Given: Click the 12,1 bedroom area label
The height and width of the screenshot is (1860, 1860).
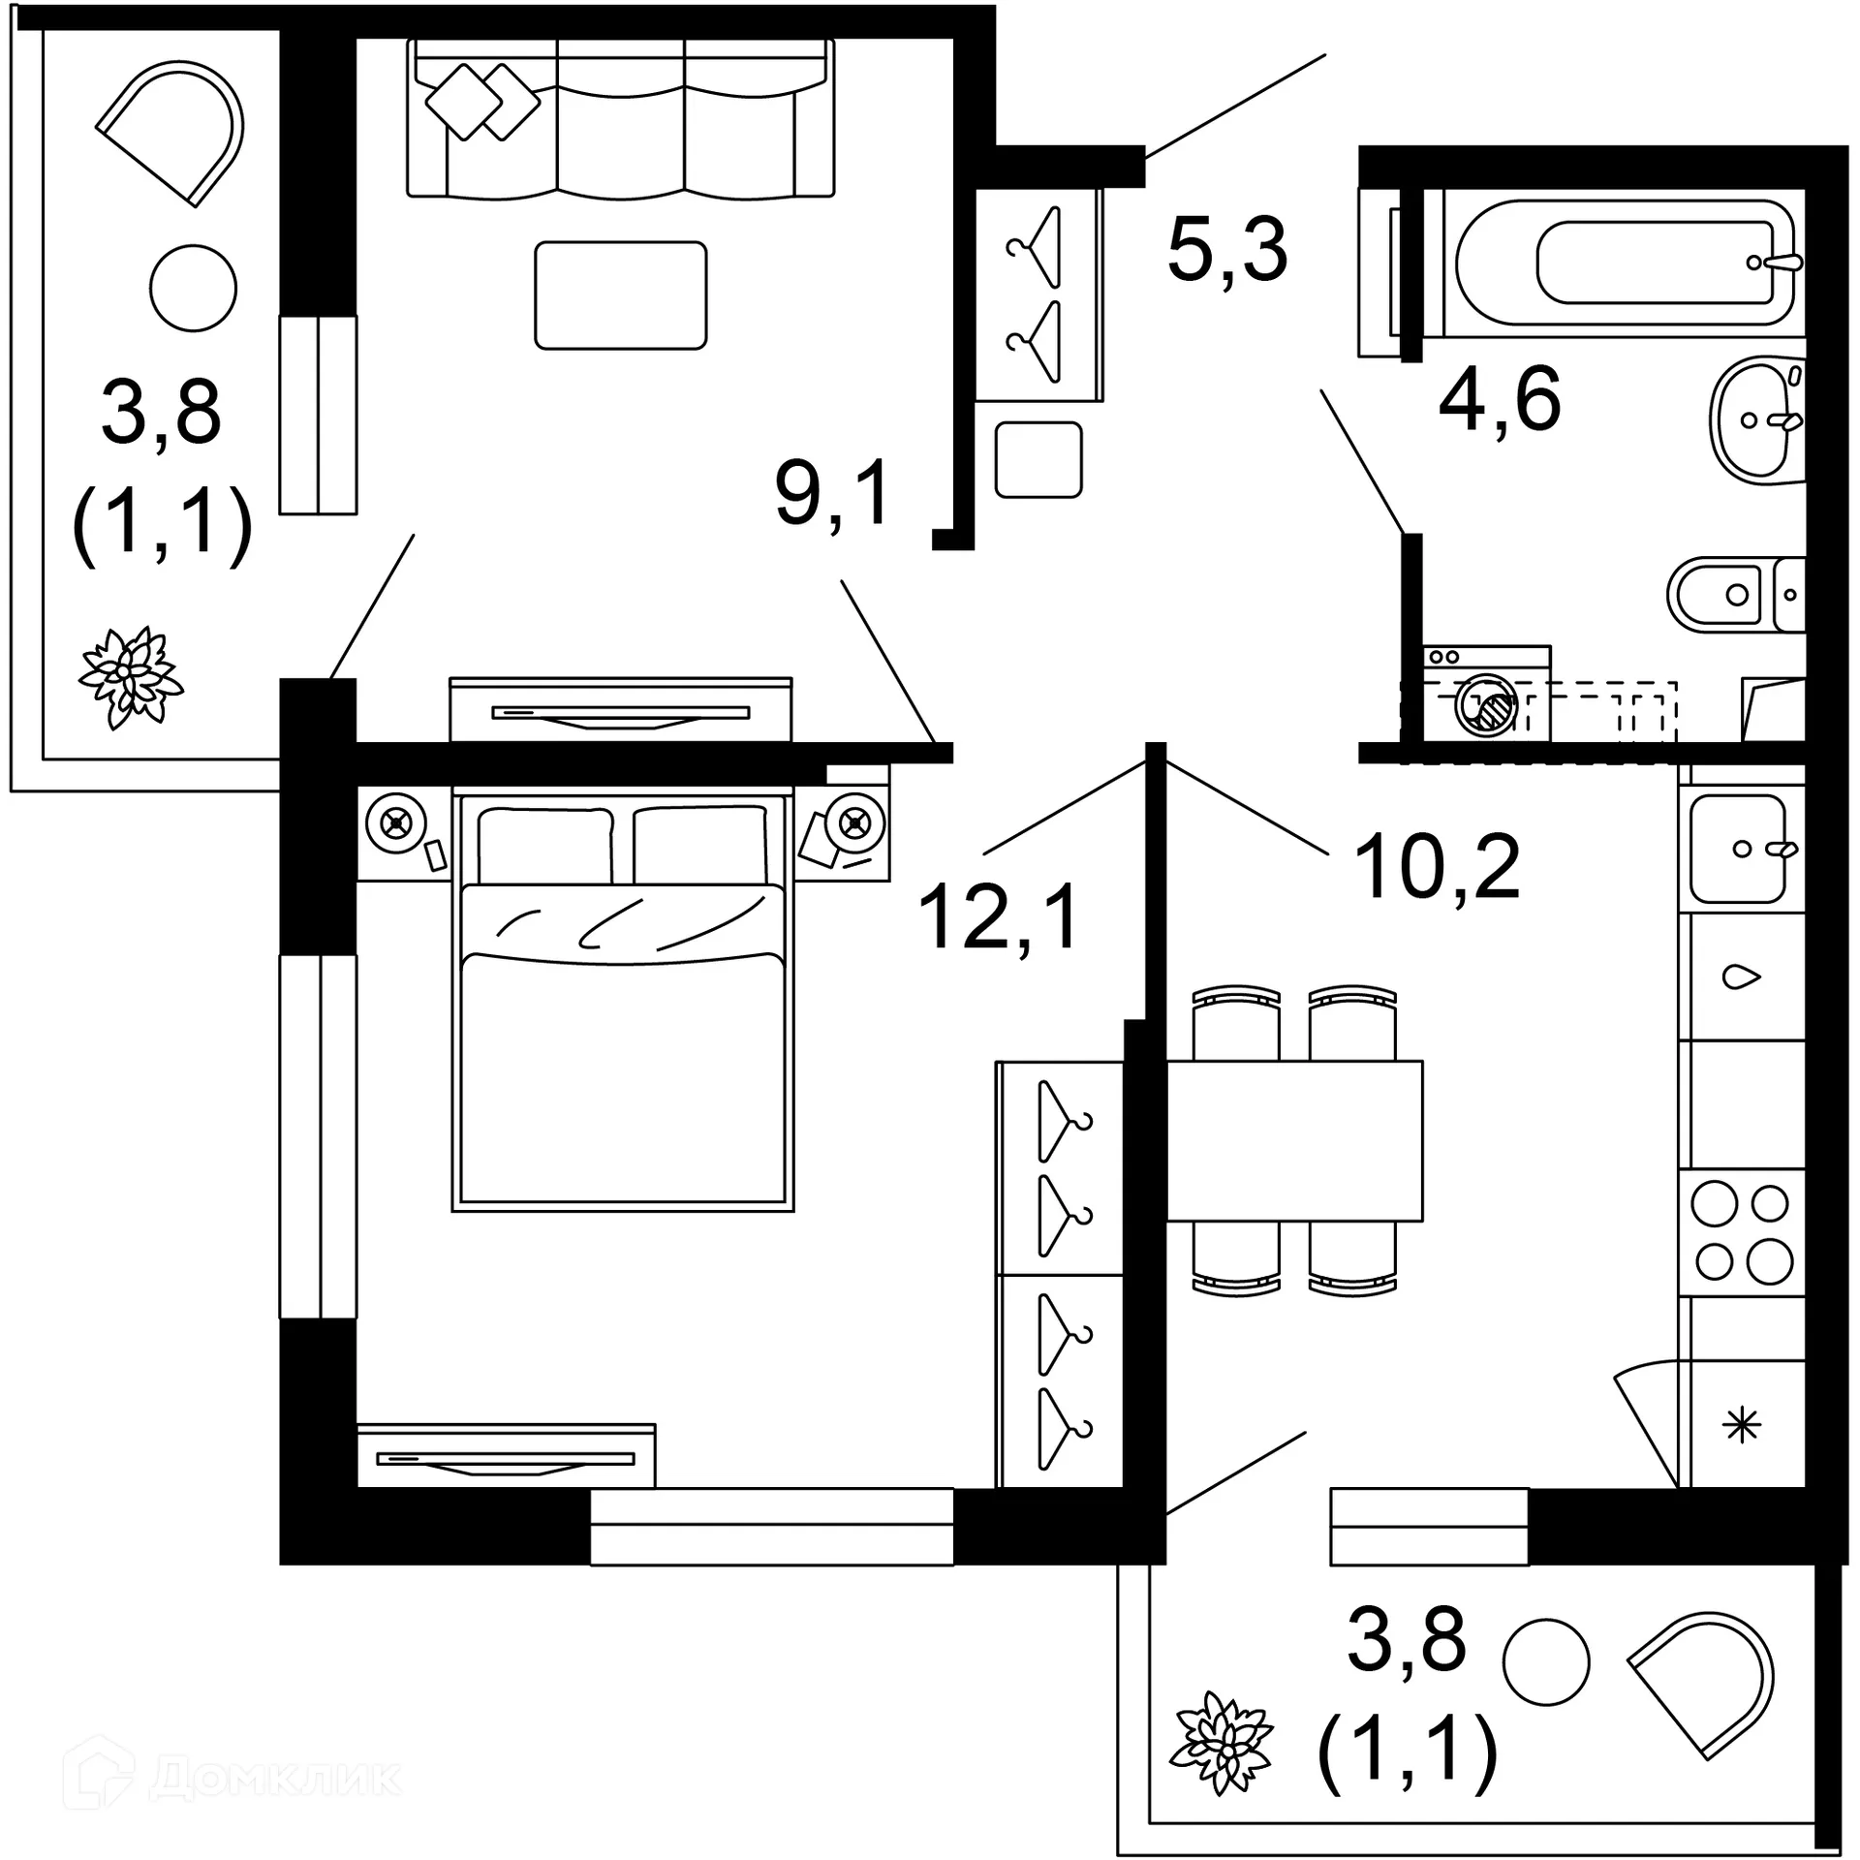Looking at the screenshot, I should [x=998, y=916].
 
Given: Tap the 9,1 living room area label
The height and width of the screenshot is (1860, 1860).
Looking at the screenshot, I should [x=832, y=493].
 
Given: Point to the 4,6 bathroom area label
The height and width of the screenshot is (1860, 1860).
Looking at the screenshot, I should [x=1499, y=399].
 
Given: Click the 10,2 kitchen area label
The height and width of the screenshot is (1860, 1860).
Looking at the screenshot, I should [x=1437, y=866].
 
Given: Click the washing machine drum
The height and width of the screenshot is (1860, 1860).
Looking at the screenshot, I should [x=1486, y=707].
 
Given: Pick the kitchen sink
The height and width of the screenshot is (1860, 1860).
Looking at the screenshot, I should [x=1739, y=848].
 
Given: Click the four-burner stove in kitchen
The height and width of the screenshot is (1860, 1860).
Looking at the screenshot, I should [x=1741, y=1234].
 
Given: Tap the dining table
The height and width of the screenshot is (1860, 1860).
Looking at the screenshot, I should [x=1293, y=1140].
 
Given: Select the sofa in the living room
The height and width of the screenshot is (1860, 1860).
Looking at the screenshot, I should [x=620, y=121].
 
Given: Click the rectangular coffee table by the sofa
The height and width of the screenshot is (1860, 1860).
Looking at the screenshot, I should [x=620, y=295].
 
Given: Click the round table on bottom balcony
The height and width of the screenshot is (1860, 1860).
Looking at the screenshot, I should [x=1546, y=1661].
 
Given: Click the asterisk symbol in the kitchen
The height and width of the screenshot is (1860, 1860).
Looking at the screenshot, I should [x=1742, y=1425].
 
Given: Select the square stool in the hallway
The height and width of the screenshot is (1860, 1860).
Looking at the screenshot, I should [x=1038, y=460].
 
